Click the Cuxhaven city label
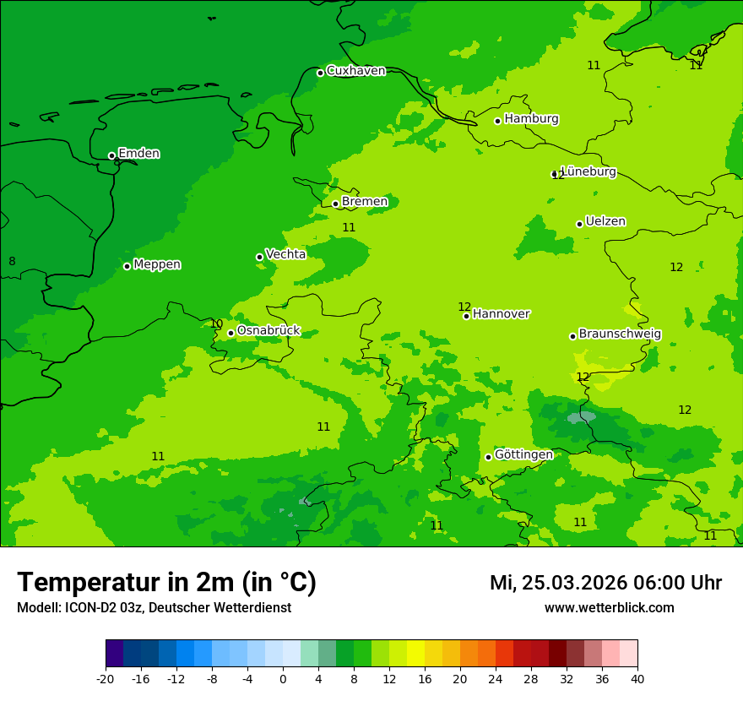pyautogui.click(x=355, y=71)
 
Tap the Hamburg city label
pyautogui.click(x=531, y=119)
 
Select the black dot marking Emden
pyautogui.click(x=111, y=155)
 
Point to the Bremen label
pyautogui.click(x=364, y=202)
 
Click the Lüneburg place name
pyautogui.click(x=588, y=171)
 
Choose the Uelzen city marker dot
pyautogui.click(x=579, y=224)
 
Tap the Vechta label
pyautogui.click(x=285, y=254)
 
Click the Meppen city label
pyautogui.click(x=157, y=264)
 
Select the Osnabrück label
pyautogui.click(x=268, y=331)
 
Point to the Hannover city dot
pyautogui.click(x=466, y=316)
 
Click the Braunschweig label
pyautogui.click(x=620, y=334)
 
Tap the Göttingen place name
pyautogui.click(x=523, y=454)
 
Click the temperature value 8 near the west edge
pyautogui.click(x=12, y=262)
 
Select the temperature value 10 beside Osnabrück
pyautogui.click(x=216, y=323)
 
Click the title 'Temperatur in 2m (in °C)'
pyautogui.click(x=166, y=582)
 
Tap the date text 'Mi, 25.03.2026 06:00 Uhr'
pyautogui.click(x=605, y=583)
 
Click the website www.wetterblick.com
pyautogui.click(x=609, y=607)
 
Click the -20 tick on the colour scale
pyautogui.click(x=106, y=678)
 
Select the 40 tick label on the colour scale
pyautogui.click(x=637, y=678)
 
